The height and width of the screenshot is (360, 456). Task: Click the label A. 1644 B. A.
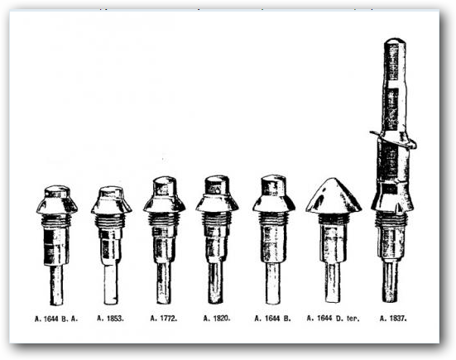point(57,317)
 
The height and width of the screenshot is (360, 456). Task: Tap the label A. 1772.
point(165,317)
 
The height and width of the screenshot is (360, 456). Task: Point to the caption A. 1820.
point(218,317)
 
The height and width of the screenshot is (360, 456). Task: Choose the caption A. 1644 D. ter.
point(333,317)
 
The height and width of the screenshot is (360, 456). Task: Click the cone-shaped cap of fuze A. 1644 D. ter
point(333,197)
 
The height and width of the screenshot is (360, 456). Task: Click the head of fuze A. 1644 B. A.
point(57,199)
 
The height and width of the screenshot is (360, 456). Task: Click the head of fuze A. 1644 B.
point(273,193)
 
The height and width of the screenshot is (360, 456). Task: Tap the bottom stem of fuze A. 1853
point(111,281)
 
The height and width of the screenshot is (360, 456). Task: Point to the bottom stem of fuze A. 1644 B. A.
point(57,283)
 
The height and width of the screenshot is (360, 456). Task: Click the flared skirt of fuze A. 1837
point(392,199)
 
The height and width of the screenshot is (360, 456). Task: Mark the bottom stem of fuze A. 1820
point(217,281)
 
